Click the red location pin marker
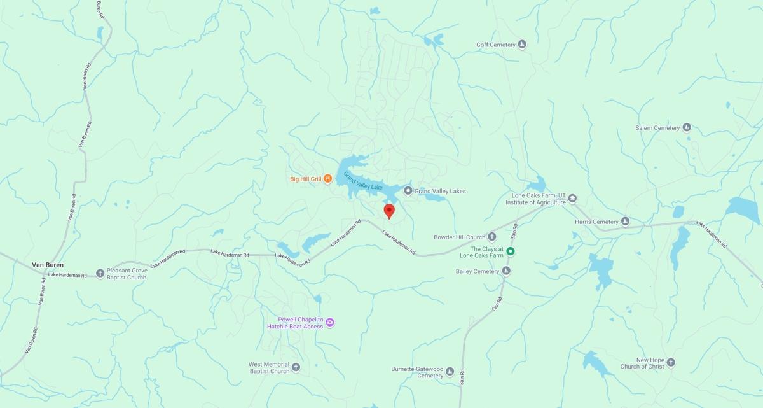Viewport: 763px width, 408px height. pos(389,211)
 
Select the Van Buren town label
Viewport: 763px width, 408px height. pos(48,264)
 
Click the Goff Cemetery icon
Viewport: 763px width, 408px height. pos(522,45)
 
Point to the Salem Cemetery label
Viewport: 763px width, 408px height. pos(657,128)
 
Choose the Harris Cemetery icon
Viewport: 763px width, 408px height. pos(625,222)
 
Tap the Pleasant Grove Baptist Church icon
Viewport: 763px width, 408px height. pos(100,274)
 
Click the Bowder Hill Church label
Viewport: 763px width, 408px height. pos(460,237)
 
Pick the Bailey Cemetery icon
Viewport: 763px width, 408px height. pos(506,271)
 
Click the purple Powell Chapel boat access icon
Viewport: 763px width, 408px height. pos(330,323)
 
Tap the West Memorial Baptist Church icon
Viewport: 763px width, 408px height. pos(296,367)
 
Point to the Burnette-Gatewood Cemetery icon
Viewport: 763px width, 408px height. pos(450,372)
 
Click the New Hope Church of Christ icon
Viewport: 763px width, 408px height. pos(670,363)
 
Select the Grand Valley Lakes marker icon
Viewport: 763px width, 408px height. pos(408,191)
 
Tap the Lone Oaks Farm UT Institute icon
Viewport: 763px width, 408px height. pos(572,199)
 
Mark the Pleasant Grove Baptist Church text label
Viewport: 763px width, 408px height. pos(127,274)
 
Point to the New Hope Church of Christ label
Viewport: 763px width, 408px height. pos(642,363)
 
